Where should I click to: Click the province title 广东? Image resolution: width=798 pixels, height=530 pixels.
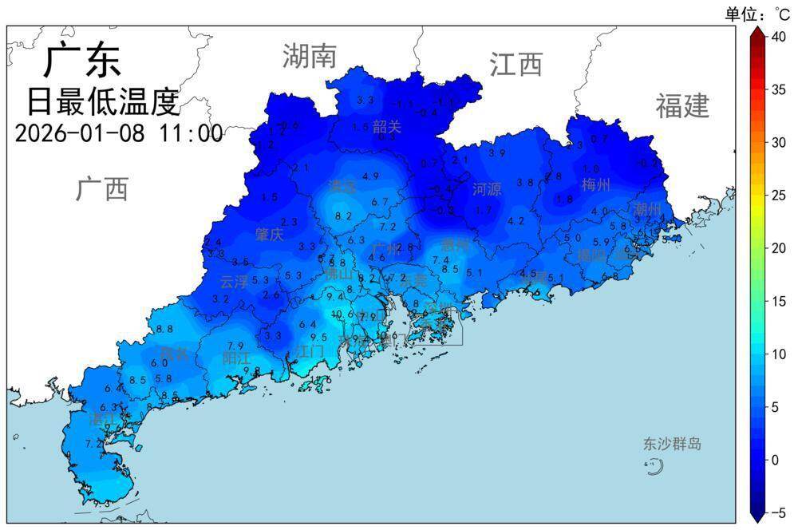point(81,61)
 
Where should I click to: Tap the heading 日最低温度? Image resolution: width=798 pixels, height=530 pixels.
point(103,101)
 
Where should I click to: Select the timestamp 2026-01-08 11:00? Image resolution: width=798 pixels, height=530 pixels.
point(119,132)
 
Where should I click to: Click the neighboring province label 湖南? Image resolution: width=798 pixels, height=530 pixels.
point(309,56)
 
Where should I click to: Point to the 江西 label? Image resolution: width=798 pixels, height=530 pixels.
point(516,64)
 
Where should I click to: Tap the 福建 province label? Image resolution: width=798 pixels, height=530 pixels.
point(682,105)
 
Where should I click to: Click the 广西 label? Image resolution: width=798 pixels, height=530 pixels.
point(102,189)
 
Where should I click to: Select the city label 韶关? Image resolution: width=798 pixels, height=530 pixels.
point(387,126)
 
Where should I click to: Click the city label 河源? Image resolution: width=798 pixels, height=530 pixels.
point(487,189)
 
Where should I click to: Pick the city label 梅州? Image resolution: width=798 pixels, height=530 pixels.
point(596,185)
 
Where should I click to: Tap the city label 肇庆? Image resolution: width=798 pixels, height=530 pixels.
point(269,234)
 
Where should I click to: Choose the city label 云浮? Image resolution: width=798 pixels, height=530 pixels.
point(234,281)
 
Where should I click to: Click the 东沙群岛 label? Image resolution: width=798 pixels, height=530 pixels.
point(673,444)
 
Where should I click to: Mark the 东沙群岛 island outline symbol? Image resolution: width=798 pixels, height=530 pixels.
point(654,467)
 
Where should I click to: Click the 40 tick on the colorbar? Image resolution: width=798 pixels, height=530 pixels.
point(778,36)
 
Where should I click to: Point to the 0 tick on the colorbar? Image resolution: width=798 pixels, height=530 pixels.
point(775,460)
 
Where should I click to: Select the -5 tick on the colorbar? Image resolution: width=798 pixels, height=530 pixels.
point(776,512)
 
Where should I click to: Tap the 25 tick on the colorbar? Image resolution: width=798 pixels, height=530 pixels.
point(778,195)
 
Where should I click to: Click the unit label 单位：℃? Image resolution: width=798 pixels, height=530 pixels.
point(757,14)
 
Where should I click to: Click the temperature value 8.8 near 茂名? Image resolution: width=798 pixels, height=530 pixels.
point(164,329)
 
